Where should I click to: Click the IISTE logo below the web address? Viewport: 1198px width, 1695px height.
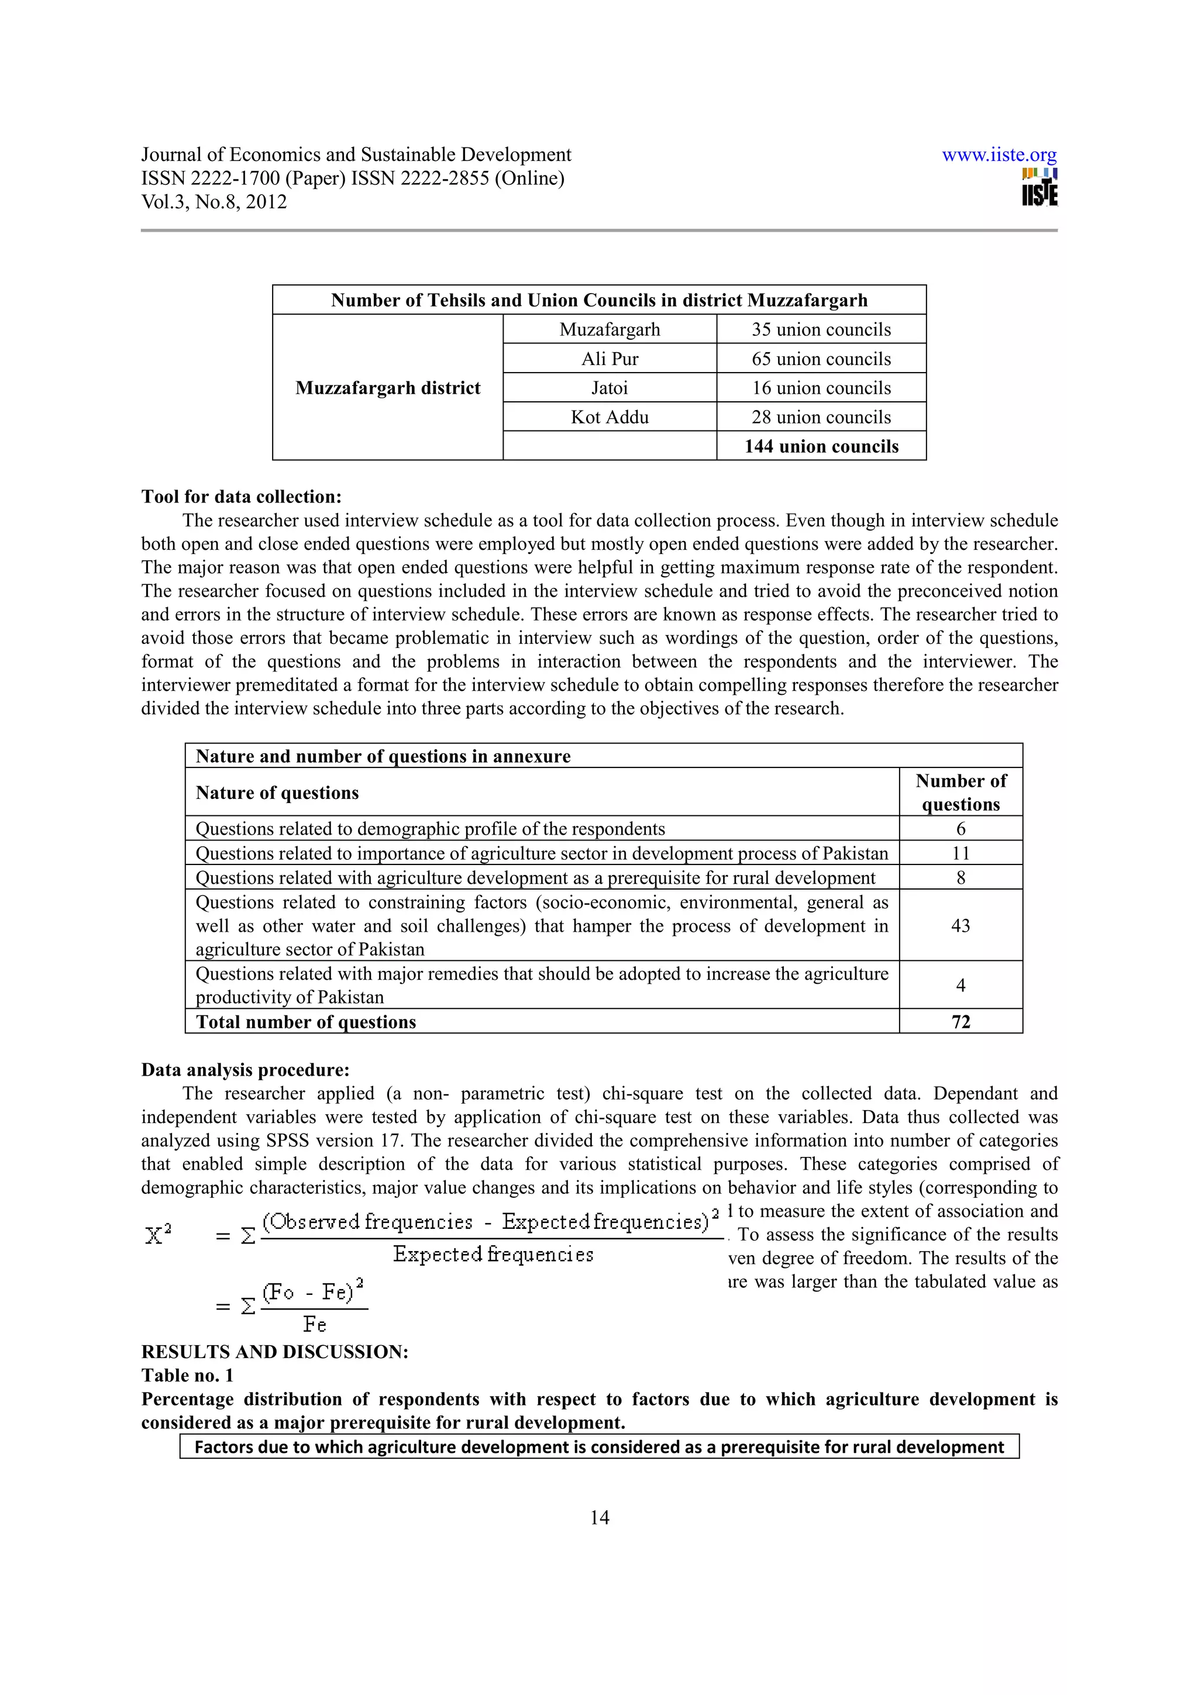point(1039,189)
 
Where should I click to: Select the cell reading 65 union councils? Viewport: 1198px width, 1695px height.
point(821,359)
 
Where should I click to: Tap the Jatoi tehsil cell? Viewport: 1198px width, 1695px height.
point(609,388)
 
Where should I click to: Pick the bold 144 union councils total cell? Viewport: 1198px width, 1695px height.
point(821,446)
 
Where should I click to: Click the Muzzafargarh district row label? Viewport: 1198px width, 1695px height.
point(387,388)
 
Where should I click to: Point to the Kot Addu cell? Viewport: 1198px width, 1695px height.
point(609,417)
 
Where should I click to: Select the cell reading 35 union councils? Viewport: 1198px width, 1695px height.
point(821,329)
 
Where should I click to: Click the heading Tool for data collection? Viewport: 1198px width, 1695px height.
point(242,497)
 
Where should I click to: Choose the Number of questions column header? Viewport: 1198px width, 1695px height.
point(961,792)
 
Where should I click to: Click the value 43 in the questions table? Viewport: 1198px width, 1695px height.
point(961,926)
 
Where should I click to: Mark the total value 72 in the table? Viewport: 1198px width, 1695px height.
point(961,1022)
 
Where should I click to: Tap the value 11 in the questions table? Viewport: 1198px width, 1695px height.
point(961,853)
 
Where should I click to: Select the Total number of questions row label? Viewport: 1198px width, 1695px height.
point(305,1022)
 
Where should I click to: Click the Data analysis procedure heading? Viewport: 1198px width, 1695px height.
point(245,1070)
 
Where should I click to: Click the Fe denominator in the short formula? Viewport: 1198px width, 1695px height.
point(315,1324)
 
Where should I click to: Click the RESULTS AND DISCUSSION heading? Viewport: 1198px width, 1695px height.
point(274,1352)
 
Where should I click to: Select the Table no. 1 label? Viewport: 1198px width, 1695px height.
point(188,1375)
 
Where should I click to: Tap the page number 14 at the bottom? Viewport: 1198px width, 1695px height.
point(600,1518)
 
